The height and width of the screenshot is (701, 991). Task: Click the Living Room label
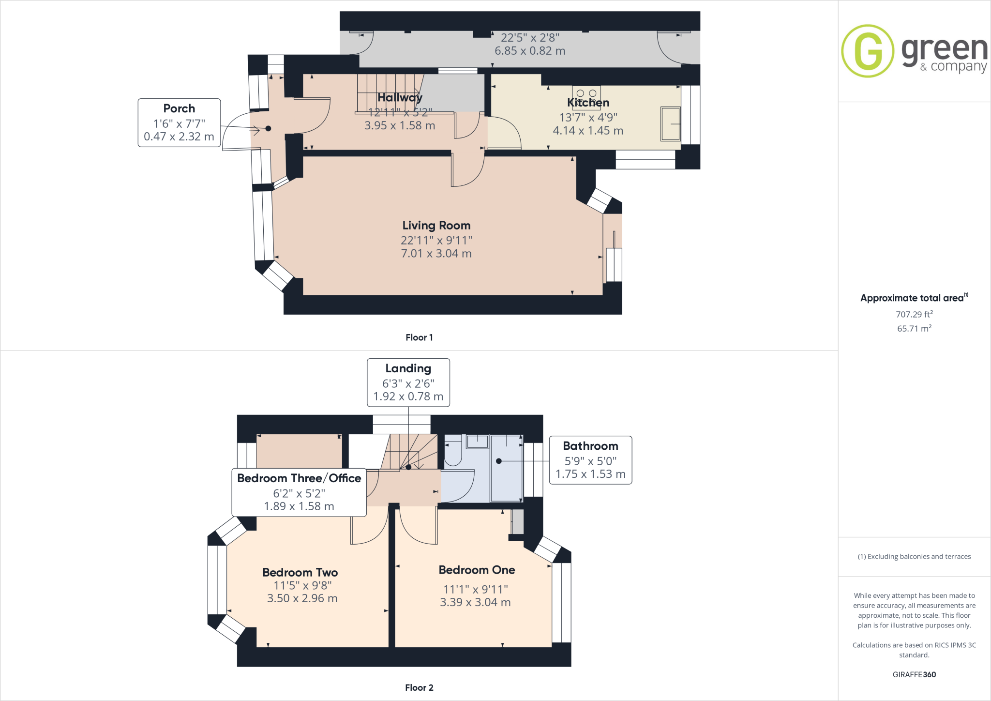(x=436, y=226)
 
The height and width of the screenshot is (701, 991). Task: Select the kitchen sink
(x=670, y=124)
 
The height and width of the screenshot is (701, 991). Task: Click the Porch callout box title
(x=179, y=108)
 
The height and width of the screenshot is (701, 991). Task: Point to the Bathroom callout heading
(x=590, y=446)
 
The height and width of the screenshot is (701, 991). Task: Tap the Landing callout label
(x=408, y=368)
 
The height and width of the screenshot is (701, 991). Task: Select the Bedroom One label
(x=477, y=570)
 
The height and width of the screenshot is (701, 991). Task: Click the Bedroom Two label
(x=300, y=572)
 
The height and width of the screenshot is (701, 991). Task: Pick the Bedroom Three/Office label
(x=299, y=478)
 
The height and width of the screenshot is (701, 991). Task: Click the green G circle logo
(x=867, y=51)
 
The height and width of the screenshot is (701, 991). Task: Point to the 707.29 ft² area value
(x=914, y=314)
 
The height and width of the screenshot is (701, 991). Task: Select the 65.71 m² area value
(x=914, y=328)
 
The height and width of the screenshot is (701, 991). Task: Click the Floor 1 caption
(x=419, y=337)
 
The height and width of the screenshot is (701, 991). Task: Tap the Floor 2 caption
(x=419, y=687)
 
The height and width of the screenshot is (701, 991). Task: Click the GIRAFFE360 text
(x=914, y=674)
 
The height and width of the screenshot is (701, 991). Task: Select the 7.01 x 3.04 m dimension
(x=436, y=253)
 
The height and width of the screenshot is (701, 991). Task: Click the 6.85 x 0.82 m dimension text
(x=530, y=51)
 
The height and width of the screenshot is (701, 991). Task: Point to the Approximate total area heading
(x=913, y=298)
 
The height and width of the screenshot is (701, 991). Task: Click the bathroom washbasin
(x=478, y=442)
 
